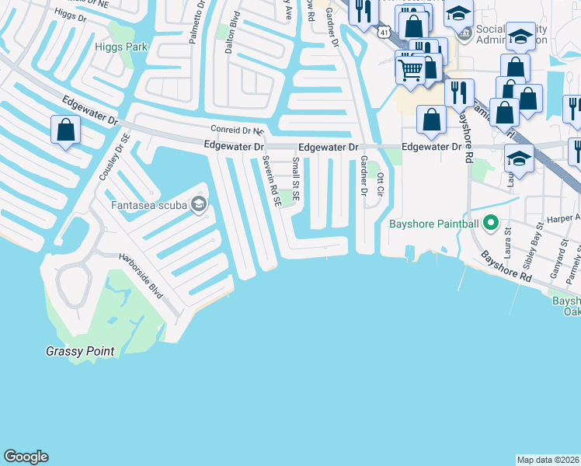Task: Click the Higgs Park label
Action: (120, 47)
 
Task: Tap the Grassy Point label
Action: (79, 352)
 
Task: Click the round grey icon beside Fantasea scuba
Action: (199, 204)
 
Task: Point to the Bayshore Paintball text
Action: (433, 224)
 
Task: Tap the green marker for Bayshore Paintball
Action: (490, 224)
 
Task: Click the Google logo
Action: (26, 457)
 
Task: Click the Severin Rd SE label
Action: (271, 179)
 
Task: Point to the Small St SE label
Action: (296, 178)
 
